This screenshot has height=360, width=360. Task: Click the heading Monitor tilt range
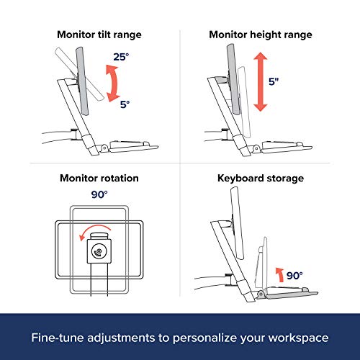(x=99, y=35)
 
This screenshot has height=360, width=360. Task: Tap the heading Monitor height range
(x=261, y=35)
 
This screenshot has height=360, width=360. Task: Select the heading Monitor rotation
(x=99, y=178)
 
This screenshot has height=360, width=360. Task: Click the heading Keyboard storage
(x=261, y=179)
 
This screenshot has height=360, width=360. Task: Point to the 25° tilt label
(x=121, y=57)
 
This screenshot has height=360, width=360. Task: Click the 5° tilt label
(x=125, y=104)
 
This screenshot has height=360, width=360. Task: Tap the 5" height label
(x=274, y=81)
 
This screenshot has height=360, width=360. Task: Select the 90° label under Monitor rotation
(x=99, y=194)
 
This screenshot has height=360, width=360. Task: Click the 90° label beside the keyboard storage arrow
(x=294, y=276)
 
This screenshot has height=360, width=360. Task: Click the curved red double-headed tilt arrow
(x=115, y=84)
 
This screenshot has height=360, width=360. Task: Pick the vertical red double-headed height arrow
(x=261, y=82)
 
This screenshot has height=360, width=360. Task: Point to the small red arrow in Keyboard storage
(x=280, y=275)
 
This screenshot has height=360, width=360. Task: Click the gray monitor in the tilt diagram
(x=82, y=81)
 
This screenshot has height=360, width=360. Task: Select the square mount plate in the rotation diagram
(x=99, y=251)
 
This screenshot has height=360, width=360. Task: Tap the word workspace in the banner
(x=298, y=338)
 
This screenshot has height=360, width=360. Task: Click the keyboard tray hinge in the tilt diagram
(x=104, y=148)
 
